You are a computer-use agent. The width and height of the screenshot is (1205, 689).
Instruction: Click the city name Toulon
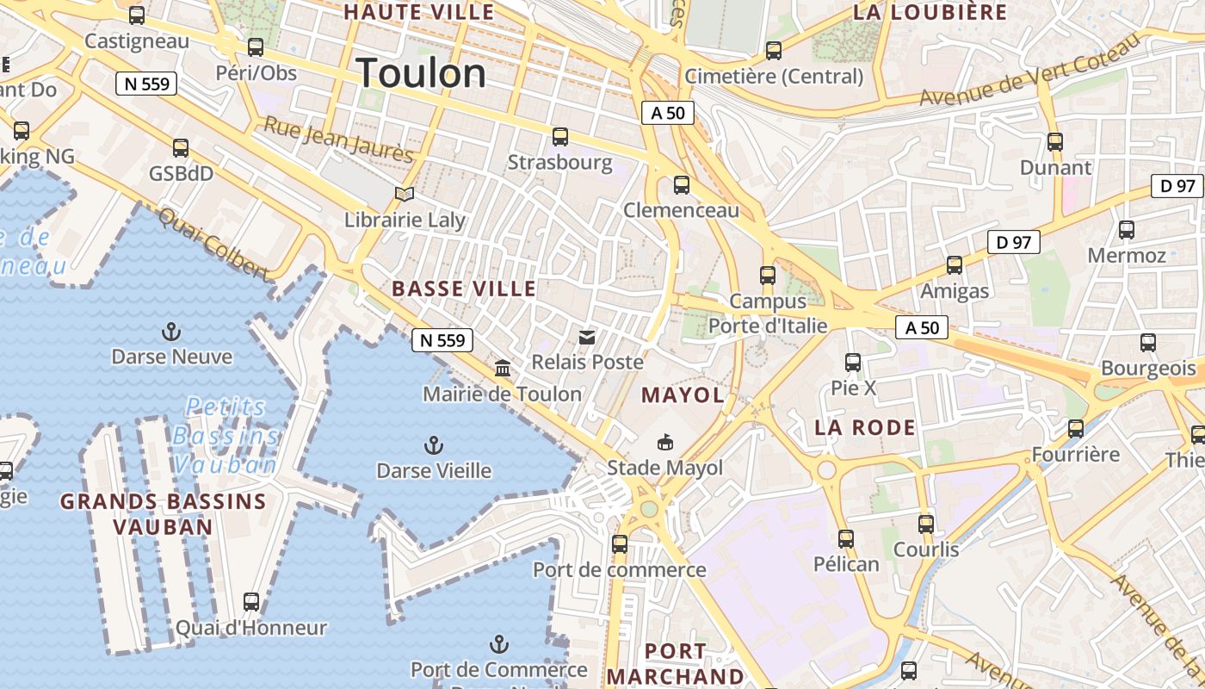tap(421, 73)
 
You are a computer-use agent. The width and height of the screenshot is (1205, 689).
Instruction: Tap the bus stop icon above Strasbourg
tap(560, 136)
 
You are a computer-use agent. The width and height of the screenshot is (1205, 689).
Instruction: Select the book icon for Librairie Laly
tap(405, 194)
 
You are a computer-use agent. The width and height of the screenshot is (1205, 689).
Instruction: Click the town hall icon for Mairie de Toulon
tap(503, 369)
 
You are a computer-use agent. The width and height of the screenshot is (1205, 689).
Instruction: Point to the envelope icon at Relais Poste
tap(587, 337)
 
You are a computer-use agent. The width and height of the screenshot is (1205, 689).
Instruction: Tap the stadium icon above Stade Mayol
tap(664, 443)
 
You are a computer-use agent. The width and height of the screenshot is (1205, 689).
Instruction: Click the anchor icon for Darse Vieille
tap(434, 445)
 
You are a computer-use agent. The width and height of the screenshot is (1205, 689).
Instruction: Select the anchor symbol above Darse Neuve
tap(171, 332)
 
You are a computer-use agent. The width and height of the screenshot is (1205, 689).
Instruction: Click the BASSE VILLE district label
tap(464, 289)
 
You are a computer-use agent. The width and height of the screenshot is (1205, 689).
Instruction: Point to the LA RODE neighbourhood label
tap(865, 427)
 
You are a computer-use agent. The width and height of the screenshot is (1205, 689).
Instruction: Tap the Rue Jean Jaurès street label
tap(338, 140)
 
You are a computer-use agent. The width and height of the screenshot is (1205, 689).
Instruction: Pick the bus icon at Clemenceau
tap(682, 184)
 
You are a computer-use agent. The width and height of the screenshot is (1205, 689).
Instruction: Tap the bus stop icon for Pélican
tap(846, 539)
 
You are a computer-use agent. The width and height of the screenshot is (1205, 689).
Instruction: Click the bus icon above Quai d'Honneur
tap(251, 601)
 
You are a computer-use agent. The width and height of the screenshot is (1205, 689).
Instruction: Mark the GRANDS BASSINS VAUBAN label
tap(163, 513)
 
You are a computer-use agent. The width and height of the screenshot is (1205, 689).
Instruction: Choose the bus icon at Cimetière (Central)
tap(774, 51)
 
